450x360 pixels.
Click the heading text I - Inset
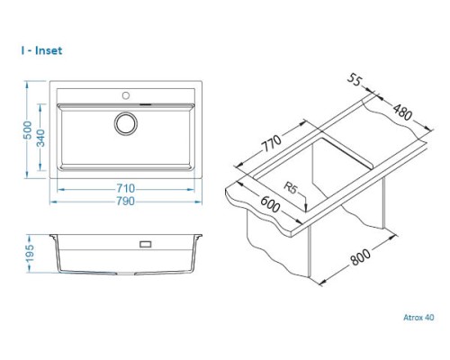point(41,50)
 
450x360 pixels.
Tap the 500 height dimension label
point(28,130)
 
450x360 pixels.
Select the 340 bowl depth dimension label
point(40,138)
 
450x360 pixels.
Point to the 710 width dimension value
point(126,188)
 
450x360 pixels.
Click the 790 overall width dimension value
point(126,201)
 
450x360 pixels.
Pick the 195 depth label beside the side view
point(30,254)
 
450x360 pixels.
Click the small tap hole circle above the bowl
point(126,95)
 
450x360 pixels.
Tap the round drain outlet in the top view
point(126,123)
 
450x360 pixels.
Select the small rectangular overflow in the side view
point(146,244)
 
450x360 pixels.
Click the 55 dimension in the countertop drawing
point(355,80)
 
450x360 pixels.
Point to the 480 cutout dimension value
point(403,112)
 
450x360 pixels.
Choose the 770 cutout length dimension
point(272,143)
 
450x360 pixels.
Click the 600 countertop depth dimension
point(270,204)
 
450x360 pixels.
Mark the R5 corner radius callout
point(291,188)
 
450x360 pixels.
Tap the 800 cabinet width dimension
point(361,257)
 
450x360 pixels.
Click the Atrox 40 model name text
point(418,318)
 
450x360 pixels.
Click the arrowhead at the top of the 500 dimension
point(27,84)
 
